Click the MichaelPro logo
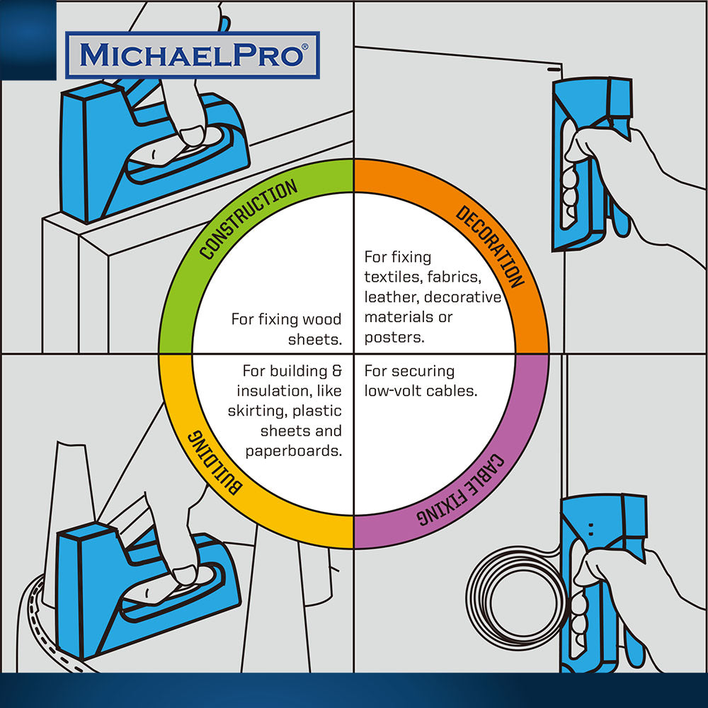[193, 55]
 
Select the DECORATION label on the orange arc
[490, 246]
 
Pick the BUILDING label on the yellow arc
[215, 462]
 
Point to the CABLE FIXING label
[461, 489]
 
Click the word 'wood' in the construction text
[321, 319]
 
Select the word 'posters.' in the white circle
[394, 337]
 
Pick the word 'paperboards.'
[294, 450]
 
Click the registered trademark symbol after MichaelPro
[304, 47]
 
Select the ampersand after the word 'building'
[337, 371]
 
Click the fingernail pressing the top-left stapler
[193, 136]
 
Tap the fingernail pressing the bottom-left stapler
[185, 575]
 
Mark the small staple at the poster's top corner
[553, 70]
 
